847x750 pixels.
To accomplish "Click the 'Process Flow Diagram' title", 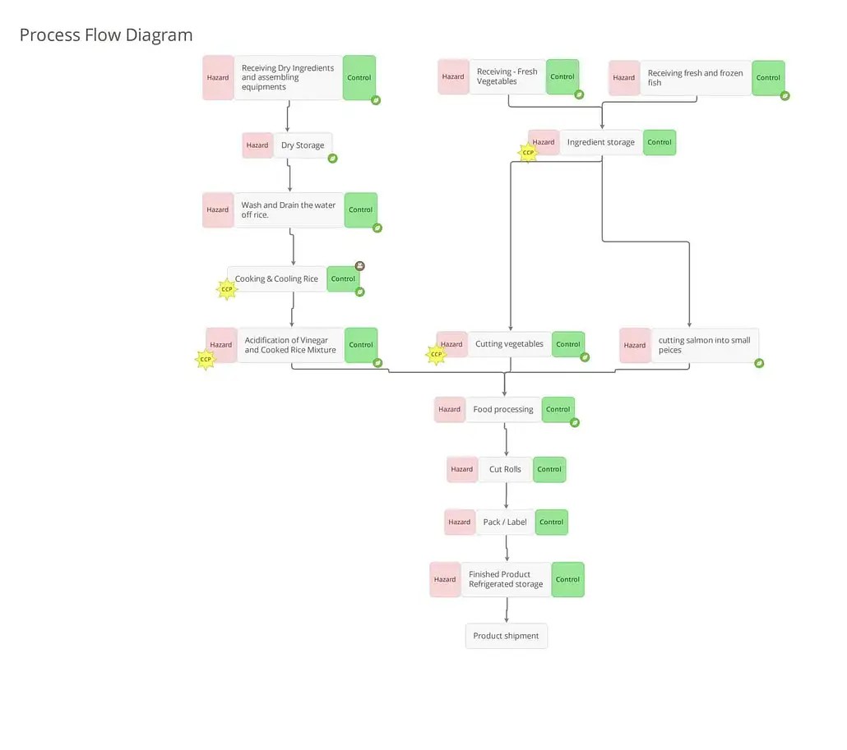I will point(106,35).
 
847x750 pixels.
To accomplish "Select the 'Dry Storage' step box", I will point(303,145).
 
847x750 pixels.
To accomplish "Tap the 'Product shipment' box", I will point(506,636).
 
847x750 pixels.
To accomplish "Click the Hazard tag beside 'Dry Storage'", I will point(257,145).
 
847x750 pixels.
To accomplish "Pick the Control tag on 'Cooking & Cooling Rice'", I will point(343,279).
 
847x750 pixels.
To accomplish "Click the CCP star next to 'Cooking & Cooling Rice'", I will point(227,289).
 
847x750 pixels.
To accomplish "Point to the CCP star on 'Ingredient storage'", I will point(528,152).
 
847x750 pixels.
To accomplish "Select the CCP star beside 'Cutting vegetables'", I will point(437,354).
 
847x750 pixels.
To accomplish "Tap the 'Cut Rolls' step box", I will point(505,470).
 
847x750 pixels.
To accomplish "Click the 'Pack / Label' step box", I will point(505,522).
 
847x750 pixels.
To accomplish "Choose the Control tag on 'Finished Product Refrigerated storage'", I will point(567,579).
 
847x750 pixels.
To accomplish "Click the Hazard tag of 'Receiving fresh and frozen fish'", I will point(624,78).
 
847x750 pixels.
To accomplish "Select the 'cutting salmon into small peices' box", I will point(705,345).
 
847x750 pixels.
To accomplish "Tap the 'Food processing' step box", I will point(503,409).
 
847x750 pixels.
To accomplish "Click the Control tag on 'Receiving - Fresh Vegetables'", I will point(562,77).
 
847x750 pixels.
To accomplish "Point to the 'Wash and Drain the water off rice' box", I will point(289,210).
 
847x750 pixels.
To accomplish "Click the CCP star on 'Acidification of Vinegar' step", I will point(206,359).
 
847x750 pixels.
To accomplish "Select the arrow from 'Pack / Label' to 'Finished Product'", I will point(507,548).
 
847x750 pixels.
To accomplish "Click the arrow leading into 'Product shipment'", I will point(507,610).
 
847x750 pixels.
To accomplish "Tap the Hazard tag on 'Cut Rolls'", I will point(462,470).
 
